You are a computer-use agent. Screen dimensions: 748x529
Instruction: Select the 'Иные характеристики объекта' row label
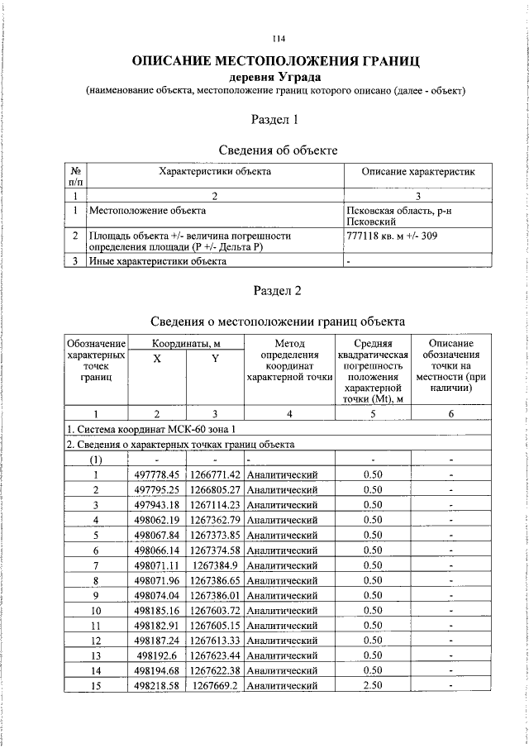point(157,261)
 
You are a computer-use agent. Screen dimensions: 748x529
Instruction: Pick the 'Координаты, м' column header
point(186,343)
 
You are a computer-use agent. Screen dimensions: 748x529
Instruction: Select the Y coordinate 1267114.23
point(214,504)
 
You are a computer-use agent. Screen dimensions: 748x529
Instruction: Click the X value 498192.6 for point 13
point(161,655)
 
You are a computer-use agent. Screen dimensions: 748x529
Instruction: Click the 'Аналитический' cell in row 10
point(283,610)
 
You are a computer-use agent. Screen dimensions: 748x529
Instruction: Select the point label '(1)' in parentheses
point(96,460)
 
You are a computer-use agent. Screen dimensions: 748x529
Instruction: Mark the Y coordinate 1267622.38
point(214,670)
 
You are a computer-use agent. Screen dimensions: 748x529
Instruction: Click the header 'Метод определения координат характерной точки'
point(289,360)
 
